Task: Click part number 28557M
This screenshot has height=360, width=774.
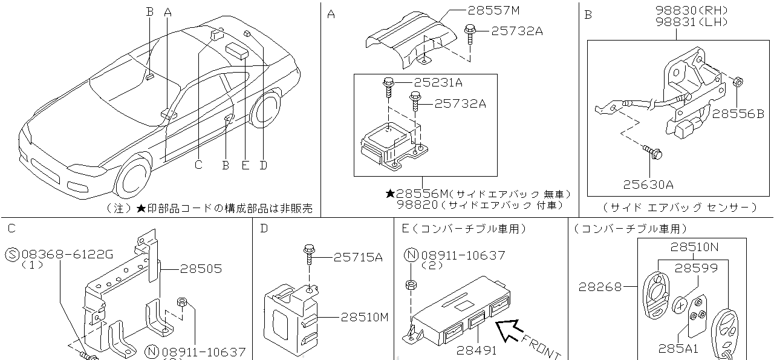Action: point(493,10)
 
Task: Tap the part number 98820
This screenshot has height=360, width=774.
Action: point(417,205)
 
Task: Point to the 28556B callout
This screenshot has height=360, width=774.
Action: point(738,113)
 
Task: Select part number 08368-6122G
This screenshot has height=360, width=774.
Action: point(67,255)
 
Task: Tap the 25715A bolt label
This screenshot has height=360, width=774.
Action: point(358,257)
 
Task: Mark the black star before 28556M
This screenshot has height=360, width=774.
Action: point(391,194)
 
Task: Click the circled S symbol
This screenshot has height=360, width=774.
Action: point(12,255)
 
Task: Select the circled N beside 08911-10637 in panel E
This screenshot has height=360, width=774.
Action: point(411,255)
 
